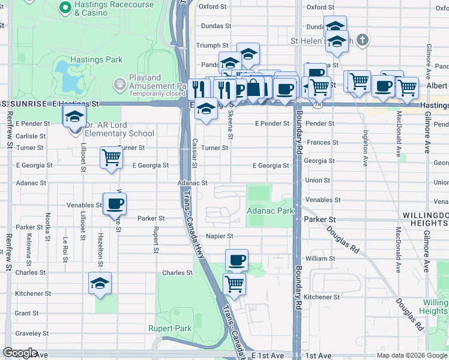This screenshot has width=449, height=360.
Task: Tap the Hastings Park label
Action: coord(96,60)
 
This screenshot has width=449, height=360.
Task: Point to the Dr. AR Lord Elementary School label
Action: coord(119,130)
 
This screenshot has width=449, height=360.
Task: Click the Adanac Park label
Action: coord(270,211)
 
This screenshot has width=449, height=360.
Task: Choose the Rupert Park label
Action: coord(170,328)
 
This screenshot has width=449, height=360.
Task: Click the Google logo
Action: coord(20,353)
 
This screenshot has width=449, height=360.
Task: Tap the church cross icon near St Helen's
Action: coord(361,41)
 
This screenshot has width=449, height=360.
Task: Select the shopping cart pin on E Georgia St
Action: coord(111,158)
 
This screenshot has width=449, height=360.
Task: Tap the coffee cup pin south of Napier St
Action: coord(237,260)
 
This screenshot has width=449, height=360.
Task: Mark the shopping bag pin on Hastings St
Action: coord(254,88)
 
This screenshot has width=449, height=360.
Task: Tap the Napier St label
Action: coord(219,236)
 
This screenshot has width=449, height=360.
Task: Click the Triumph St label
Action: coord(212,45)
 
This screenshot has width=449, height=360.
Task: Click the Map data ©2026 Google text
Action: coord(412,355)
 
